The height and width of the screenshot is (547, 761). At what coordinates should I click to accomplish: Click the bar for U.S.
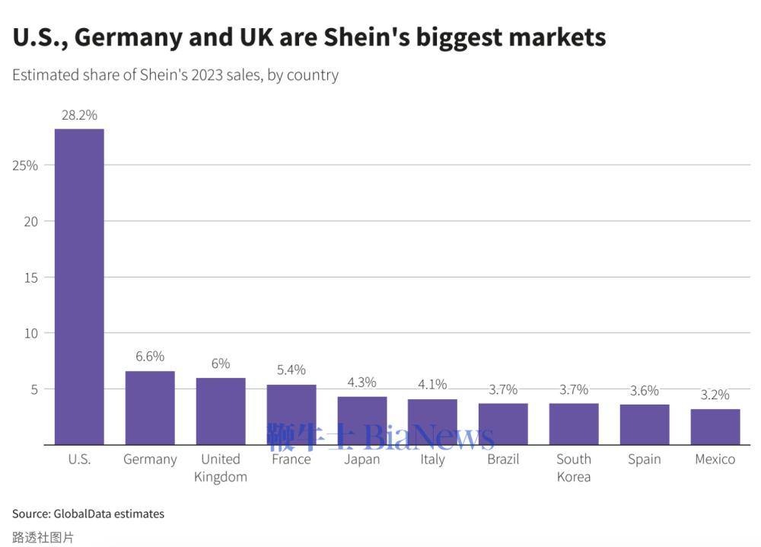pos(79,286)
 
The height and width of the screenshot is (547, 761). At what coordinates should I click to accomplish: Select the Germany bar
pos(150,408)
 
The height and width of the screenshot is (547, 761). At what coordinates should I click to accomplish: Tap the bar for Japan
pos(362,421)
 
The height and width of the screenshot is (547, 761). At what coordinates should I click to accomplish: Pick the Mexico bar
pos(715,427)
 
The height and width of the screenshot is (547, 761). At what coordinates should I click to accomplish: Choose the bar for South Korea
pos(574,424)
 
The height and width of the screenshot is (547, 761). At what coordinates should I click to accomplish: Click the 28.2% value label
pos(79,115)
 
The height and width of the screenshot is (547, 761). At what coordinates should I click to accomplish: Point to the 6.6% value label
pos(150,357)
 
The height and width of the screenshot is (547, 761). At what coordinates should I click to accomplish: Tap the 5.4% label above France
pos(291,369)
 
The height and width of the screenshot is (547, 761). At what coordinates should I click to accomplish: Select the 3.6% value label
pos(645,390)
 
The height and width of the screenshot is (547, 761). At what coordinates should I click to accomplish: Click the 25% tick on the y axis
pos(25,165)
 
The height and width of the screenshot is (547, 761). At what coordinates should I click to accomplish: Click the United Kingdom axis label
pos(221,468)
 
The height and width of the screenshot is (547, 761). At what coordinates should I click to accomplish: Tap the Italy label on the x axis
pos(432,459)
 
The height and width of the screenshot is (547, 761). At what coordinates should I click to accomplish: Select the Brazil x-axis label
pos(503,459)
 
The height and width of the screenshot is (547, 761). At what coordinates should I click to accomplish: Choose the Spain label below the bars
pos(645,459)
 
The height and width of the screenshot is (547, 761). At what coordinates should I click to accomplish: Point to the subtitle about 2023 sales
pos(175,75)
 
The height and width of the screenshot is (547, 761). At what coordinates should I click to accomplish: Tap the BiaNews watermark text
pos(429,437)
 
